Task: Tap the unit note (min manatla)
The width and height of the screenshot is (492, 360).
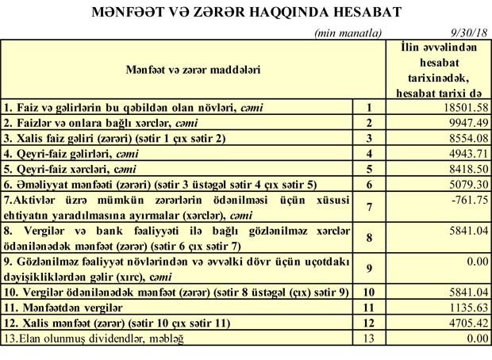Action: [x=348, y=33]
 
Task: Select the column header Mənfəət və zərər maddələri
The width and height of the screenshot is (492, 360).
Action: [x=193, y=70]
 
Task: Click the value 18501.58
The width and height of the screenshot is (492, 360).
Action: [x=463, y=106]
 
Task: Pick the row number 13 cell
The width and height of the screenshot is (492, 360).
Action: [x=368, y=339]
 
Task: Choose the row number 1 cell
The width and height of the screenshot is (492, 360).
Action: [x=368, y=106]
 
